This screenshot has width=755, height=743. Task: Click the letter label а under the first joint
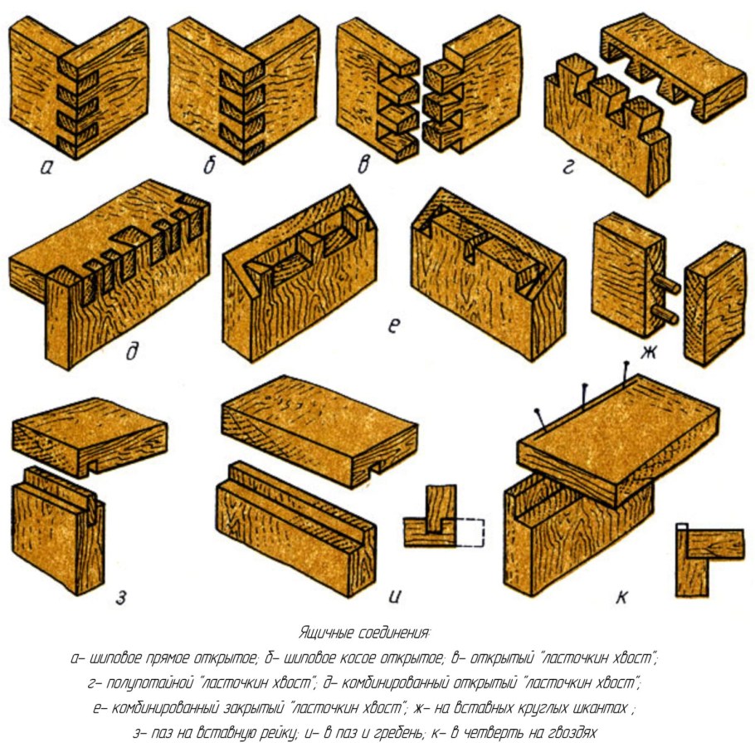(x=46, y=168)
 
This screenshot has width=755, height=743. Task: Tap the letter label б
(x=209, y=165)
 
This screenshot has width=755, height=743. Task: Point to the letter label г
(x=569, y=167)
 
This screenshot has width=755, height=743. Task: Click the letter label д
(x=132, y=351)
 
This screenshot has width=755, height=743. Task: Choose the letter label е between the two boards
(x=394, y=326)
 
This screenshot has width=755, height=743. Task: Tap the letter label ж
(x=649, y=353)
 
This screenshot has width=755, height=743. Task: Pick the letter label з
(x=121, y=598)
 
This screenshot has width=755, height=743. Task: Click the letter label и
(x=394, y=597)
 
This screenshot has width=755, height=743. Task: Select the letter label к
(x=621, y=598)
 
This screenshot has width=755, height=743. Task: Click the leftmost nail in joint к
(x=540, y=418)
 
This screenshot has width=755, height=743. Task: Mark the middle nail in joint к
(x=584, y=395)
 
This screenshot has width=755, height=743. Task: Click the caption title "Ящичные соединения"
(x=364, y=633)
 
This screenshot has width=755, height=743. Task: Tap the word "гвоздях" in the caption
(x=572, y=733)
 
